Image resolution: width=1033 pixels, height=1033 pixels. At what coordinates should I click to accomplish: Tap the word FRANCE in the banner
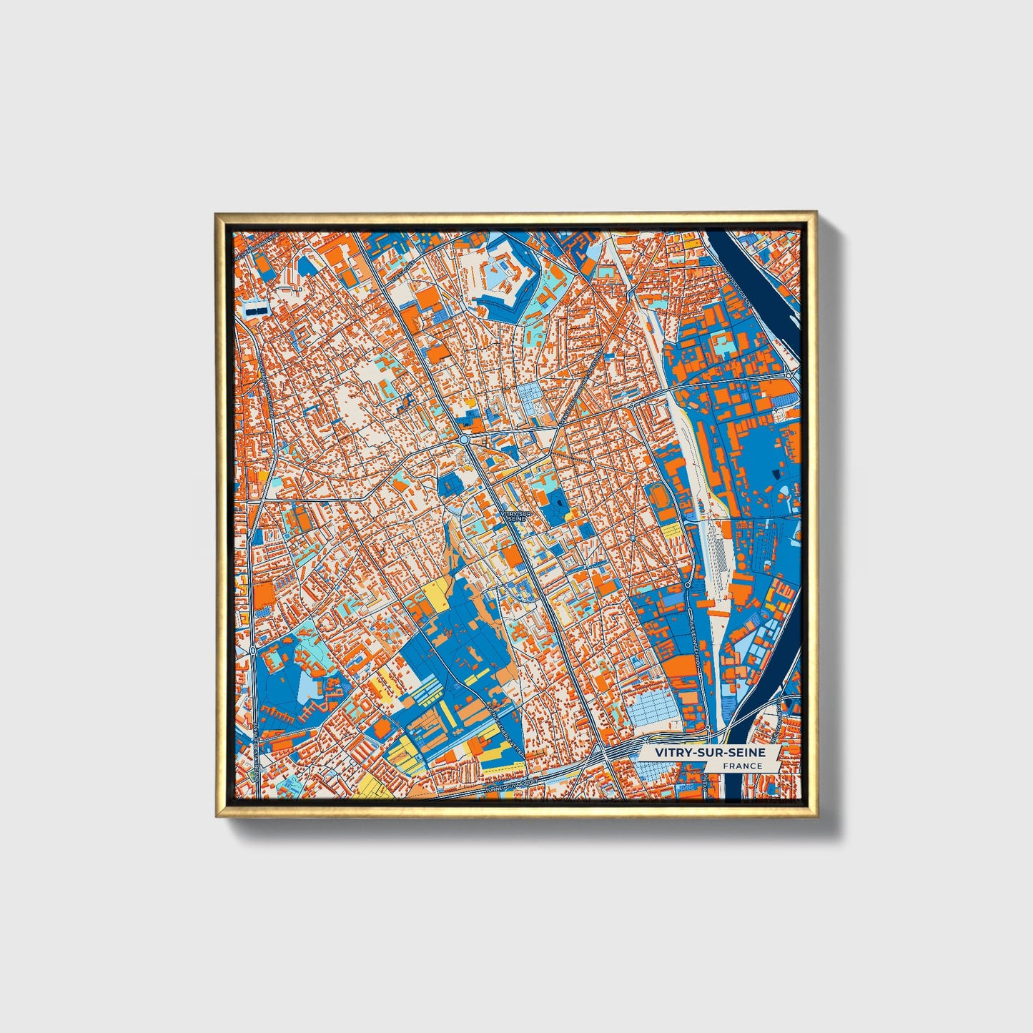pos(742,766)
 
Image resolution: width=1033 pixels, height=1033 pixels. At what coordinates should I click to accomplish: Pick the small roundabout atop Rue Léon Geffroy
pos(687,585)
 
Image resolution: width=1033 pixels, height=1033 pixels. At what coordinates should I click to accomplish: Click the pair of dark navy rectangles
pos(255,312)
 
